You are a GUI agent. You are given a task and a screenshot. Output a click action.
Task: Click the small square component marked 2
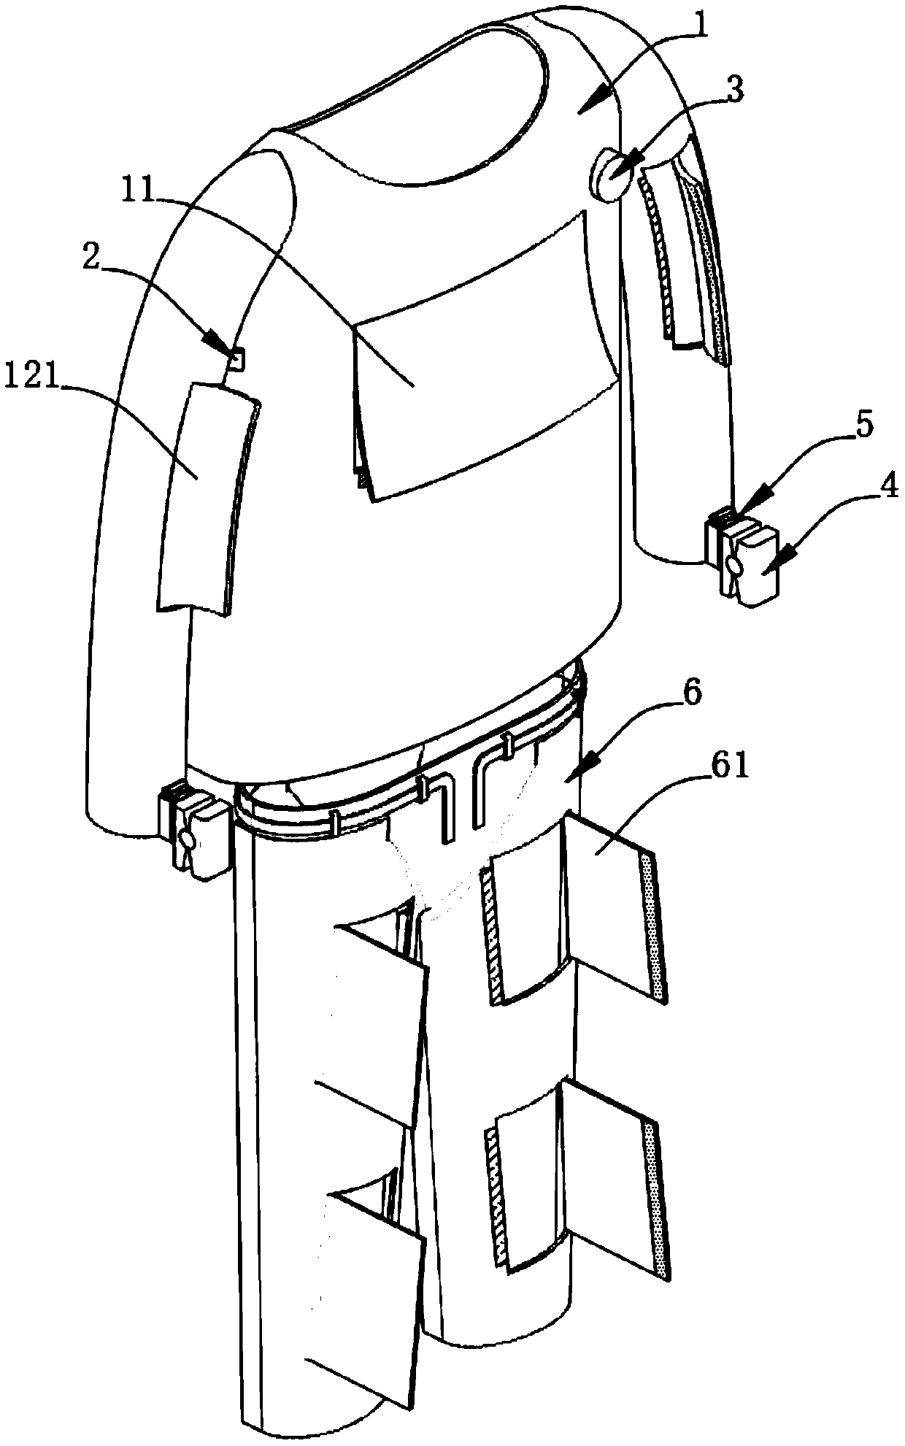click(236, 358)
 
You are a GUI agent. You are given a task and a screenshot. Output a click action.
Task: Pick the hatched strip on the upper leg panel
click(488, 927)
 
